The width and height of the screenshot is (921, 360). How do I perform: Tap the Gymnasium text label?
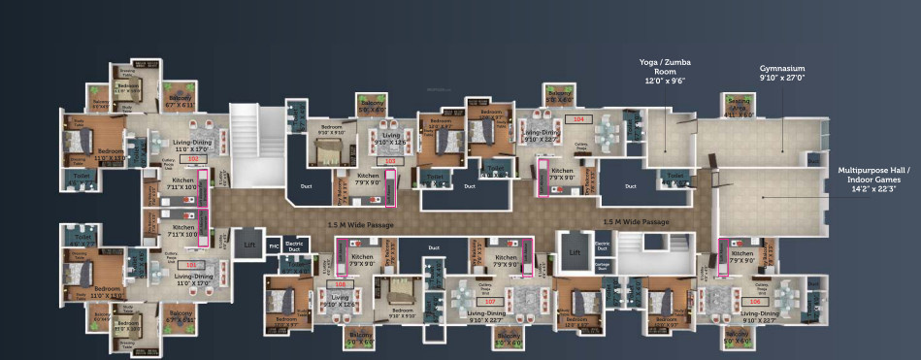(x=782, y=71)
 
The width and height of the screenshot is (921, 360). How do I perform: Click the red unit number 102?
(x=192, y=158)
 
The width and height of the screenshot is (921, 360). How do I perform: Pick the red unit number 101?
(x=192, y=264)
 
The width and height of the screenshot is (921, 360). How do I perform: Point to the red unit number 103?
(x=390, y=160)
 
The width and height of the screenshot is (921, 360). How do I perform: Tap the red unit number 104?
(x=579, y=119)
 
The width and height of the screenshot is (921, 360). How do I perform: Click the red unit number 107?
(x=490, y=302)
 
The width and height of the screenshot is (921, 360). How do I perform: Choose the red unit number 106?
(x=754, y=302)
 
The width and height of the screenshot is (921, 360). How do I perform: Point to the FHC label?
(x=274, y=245)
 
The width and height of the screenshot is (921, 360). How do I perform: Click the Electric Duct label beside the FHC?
(x=295, y=245)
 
